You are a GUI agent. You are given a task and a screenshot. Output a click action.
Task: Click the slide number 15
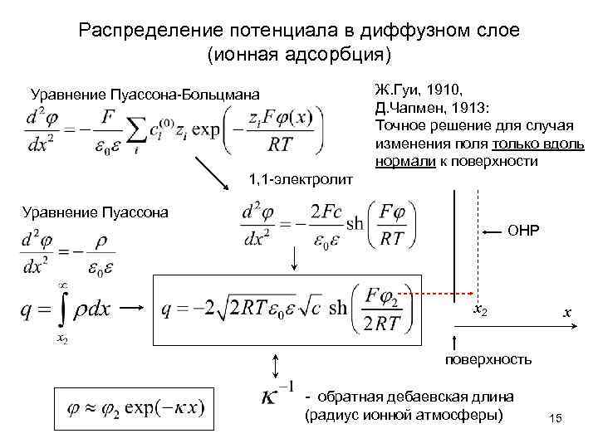point(556,422)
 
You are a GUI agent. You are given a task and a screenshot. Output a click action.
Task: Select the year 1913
point(473,108)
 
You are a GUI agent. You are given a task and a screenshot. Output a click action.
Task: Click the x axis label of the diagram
point(566,314)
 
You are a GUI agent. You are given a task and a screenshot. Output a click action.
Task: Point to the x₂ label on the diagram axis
point(479,309)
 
